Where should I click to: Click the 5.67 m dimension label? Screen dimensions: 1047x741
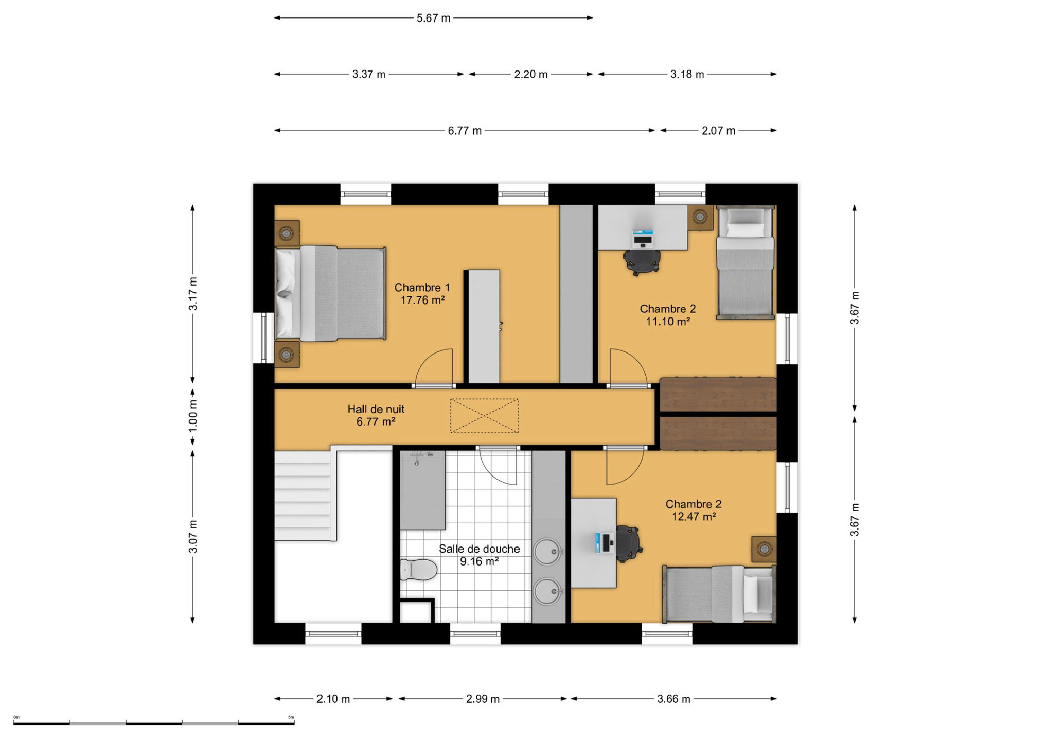click(x=433, y=18)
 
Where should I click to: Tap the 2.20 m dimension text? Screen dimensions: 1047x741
click(x=531, y=74)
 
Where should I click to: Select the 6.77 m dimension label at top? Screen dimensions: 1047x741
click(x=465, y=131)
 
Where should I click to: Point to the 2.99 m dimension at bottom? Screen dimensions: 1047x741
click(x=483, y=699)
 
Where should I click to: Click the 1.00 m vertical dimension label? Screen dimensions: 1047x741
click(x=193, y=415)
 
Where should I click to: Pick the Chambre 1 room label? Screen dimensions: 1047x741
click(x=422, y=288)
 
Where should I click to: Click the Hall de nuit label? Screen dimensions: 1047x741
click(x=376, y=409)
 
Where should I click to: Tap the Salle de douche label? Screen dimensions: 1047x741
click(x=480, y=549)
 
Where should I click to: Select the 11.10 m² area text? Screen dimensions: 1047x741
click(x=668, y=322)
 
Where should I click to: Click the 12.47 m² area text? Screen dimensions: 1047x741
click(x=694, y=517)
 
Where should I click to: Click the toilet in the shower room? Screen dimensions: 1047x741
click(x=418, y=570)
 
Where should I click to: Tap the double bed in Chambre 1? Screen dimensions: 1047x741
click(x=330, y=293)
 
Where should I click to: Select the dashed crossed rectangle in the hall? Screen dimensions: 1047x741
click(x=484, y=416)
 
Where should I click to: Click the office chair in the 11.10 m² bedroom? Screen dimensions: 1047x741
click(x=642, y=261)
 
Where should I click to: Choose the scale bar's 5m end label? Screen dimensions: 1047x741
click(x=291, y=717)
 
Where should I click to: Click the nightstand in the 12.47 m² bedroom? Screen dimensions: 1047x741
click(x=764, y=549)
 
